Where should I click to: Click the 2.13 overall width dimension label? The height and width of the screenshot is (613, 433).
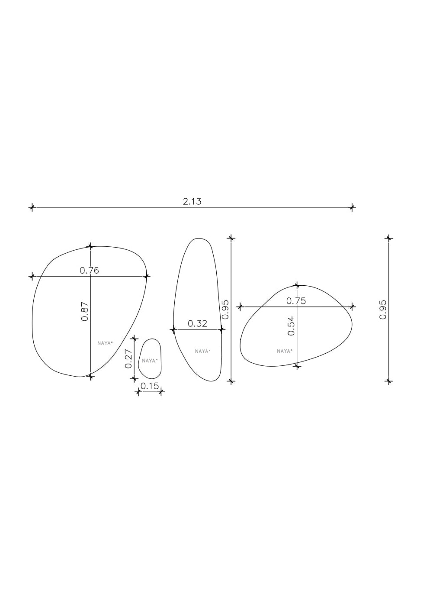[x=192, y=202]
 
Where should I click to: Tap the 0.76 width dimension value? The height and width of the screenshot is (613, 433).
[x=89, y=271]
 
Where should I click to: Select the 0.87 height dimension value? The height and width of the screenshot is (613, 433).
[x=85, y=311]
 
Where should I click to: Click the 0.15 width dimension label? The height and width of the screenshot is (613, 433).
[x=150, y=386]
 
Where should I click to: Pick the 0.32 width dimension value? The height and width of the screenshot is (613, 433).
[x=197, y=324]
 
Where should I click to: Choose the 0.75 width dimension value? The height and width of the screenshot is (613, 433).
[x=296, y=301]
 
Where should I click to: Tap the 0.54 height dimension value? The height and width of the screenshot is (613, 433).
[x=292, y=326]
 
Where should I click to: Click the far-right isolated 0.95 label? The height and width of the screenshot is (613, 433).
[x=383, y=310]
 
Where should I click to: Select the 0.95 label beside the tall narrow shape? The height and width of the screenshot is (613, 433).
[x=225, y=310]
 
